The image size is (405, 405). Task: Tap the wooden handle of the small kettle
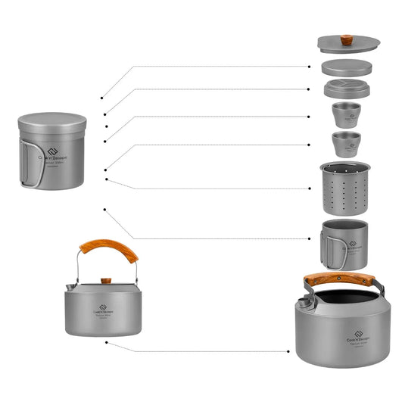tap(110, 251)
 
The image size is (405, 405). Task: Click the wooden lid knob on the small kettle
tap(106, 280)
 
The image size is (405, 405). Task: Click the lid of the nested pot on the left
tap(52, 120)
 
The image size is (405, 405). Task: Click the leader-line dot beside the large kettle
tap(288, 350)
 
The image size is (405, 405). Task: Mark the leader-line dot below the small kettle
tap(107, 343)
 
